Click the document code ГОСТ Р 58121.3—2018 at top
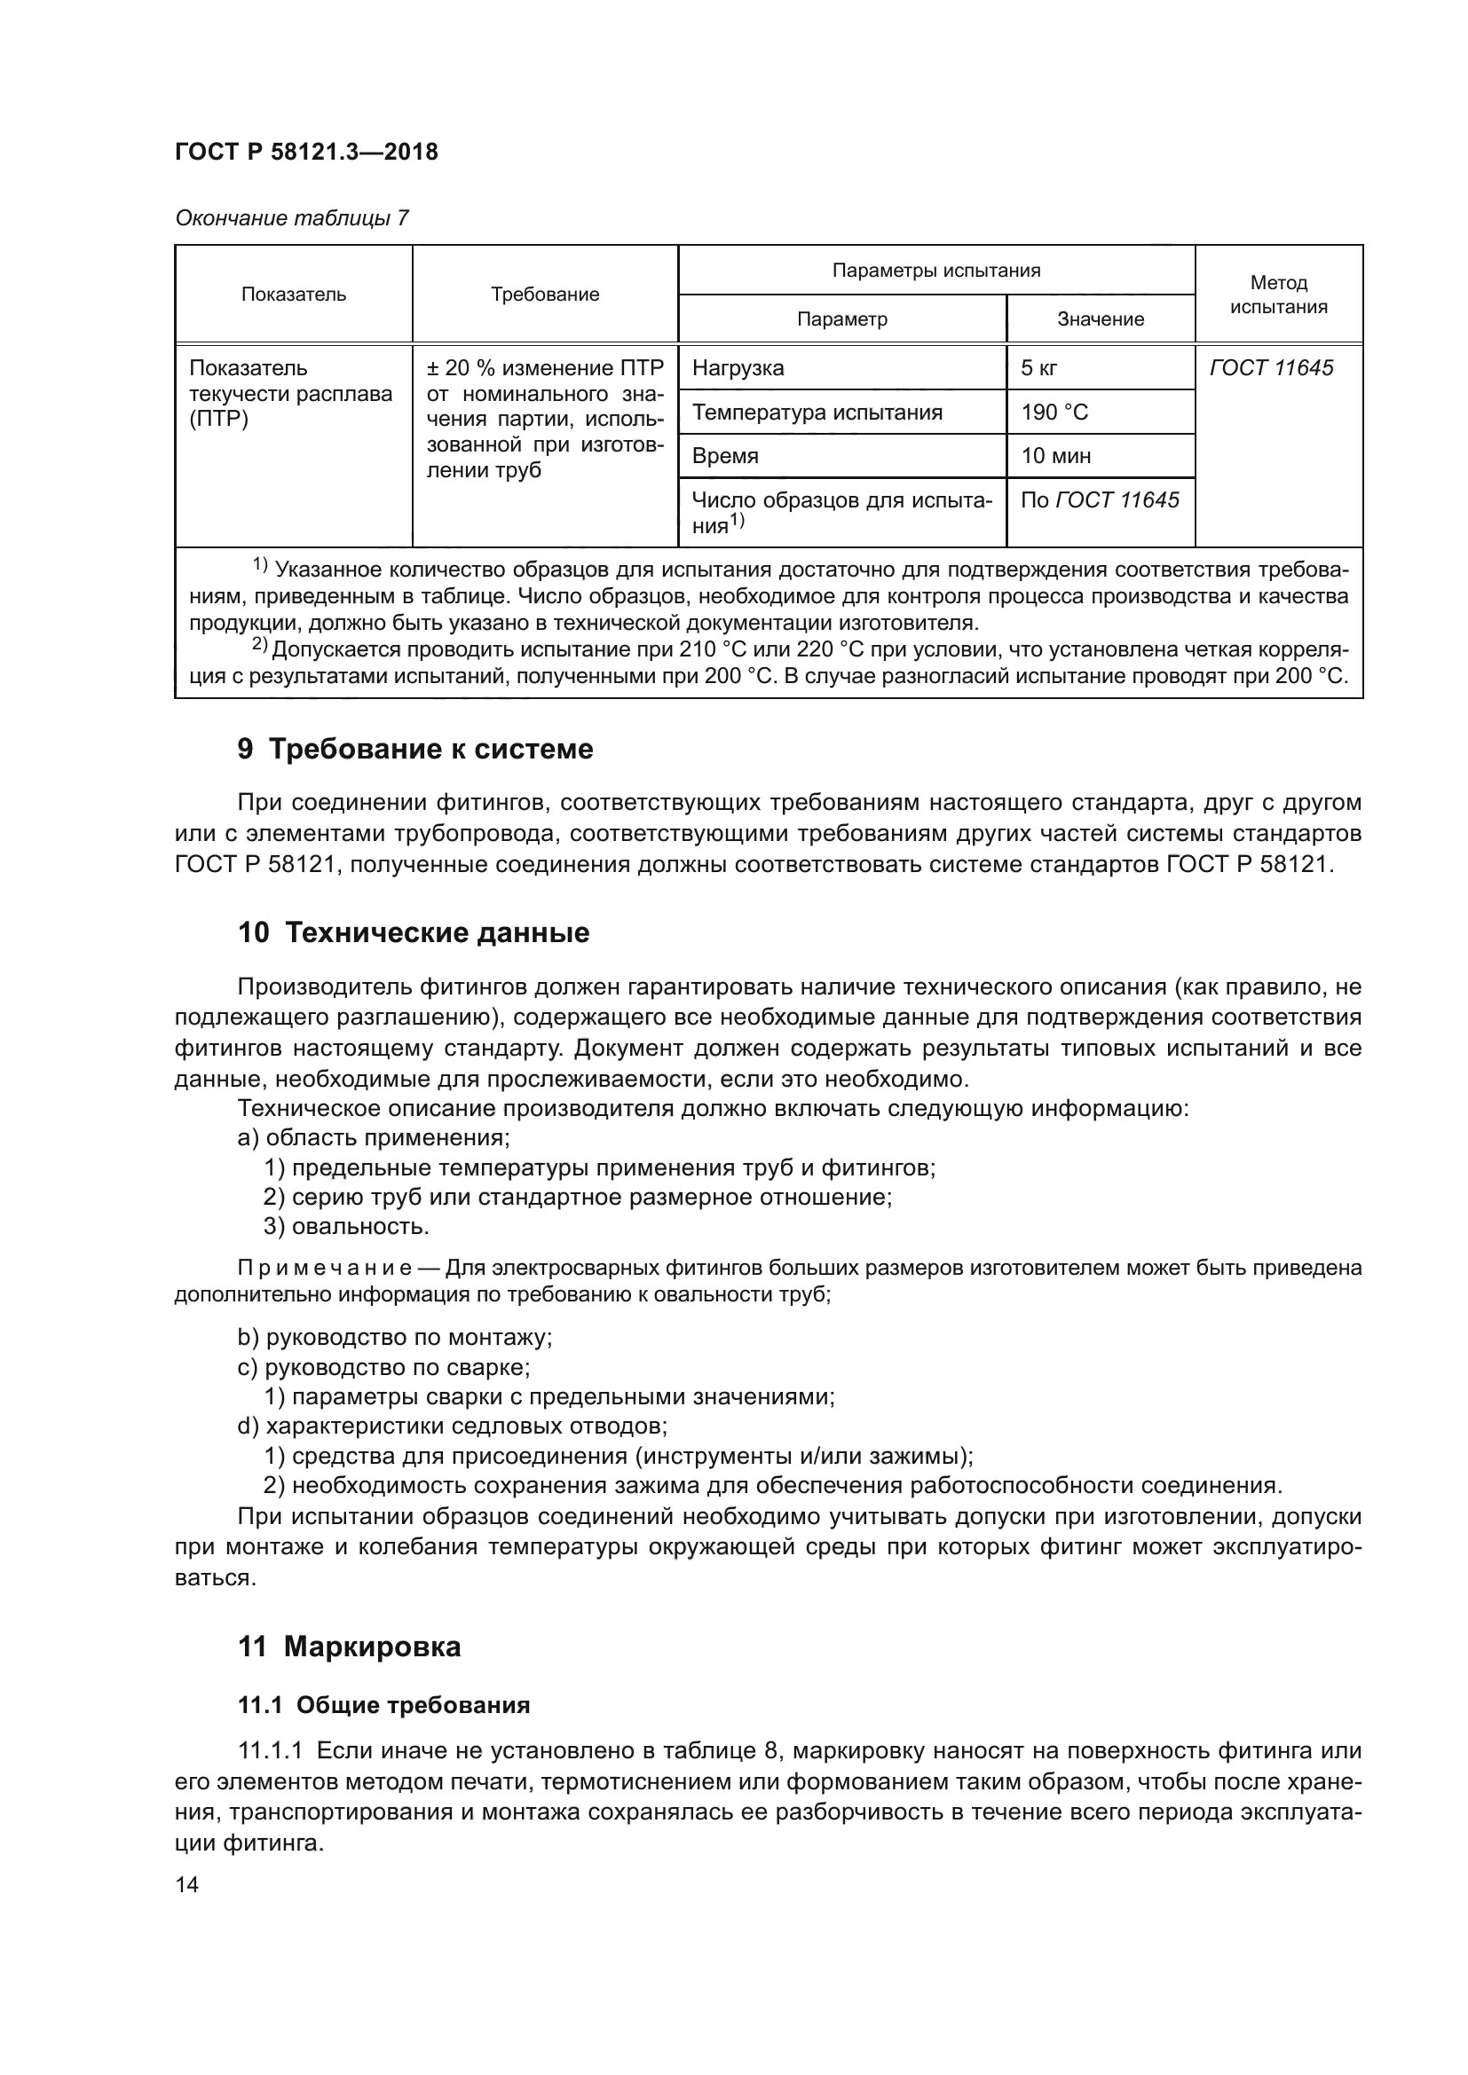click(x=305, y=152)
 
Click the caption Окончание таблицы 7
click(x=291, y=218)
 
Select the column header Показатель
click(x=293, y=295)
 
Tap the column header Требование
click(x=544, y=295)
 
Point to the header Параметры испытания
click(x=935, y=271)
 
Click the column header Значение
click(x=1100, y=319)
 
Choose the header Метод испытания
click(x=1278, y=295)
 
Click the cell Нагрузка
click(x=738, y=368)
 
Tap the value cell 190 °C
click(x=1054, y=413)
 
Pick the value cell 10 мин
click(x=1055, y=455)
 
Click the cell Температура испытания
click(x=817, y=413)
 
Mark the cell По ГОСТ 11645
click(x=1099, y=499)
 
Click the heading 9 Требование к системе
click(x=414, y=750)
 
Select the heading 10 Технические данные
click(x=413, y=932)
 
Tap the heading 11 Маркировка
click(x=349, y=1647)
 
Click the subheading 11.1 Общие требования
click(x=383, y=1705)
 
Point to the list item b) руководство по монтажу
click(x=394, y=1337)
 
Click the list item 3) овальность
click(x=346, y=1226)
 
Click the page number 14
click(x=186, y=1884)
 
